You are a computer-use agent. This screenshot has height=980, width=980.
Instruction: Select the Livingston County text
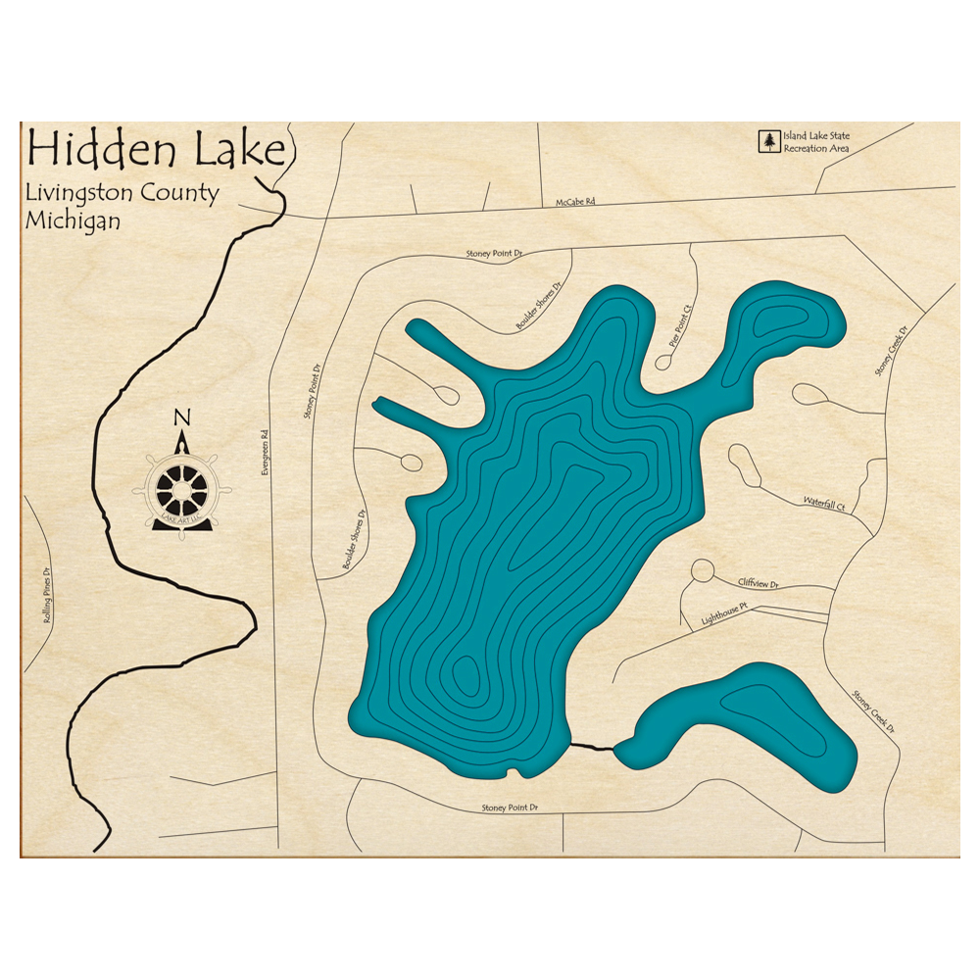click(x=122, y=193)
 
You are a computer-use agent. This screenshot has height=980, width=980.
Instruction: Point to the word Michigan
click(x=73, y=220)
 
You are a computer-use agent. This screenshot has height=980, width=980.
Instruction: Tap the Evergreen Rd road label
click(x=264, y=455)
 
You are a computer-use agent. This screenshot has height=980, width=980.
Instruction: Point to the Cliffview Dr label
click(x=758, y=583)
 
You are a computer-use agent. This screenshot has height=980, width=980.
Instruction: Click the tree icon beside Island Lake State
click(x=768, y=142)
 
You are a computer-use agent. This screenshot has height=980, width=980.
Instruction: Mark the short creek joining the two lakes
click(x=592, y=747)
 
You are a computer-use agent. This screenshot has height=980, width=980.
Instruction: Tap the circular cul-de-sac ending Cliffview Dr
click(x=701, y=570)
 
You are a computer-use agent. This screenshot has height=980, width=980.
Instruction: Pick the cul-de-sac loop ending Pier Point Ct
click(x=662, y=362)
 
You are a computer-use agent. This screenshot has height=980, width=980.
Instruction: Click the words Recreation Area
click(x=814, y=149)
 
